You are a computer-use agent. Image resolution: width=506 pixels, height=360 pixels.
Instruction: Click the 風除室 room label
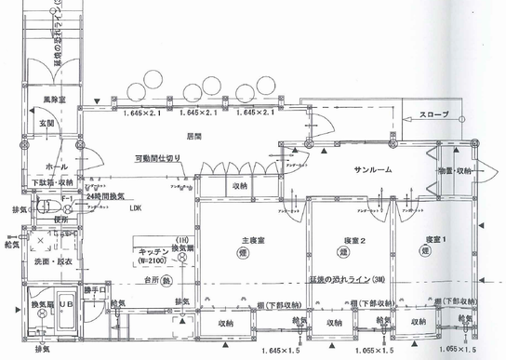point(52,98)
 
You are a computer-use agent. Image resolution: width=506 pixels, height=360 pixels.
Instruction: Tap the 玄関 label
point(47,124)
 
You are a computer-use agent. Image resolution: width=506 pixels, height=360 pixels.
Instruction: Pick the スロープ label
point(434,114)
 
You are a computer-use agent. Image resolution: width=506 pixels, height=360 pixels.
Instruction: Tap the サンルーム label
point(372,171)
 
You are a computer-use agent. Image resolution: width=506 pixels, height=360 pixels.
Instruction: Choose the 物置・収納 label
point(453,171)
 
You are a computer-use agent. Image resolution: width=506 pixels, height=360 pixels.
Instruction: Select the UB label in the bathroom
point(66,306)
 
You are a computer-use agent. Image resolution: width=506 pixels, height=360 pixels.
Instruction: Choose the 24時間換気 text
point(107,198)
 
